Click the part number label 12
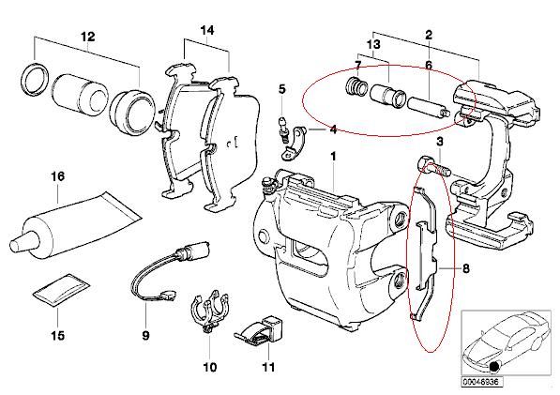click(88, 37)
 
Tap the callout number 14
click(206, 30)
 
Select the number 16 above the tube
click(58, 176)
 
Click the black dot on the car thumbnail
click(494, 366)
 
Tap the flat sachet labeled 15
click(61, 290)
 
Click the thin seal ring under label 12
click(35, 79)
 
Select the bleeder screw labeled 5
click(283, 130)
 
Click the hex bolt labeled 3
click(433, 167)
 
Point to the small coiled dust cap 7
click(356, 86)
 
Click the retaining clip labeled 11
click(260, 330)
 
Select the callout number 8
click(465, 268)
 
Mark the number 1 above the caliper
click(333, 157)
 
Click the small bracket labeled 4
click(293, 144)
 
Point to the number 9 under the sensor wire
click(145, 335)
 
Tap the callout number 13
click(373, 45)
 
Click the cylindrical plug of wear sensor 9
click(193, 250)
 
